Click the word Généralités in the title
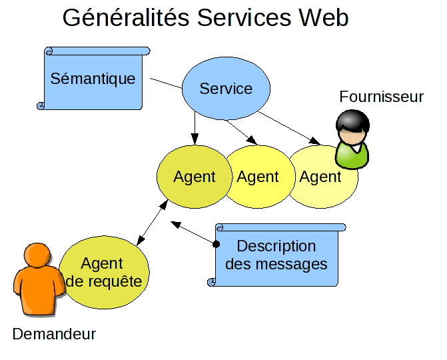click(x=127, y=17)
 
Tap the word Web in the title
click(x=323, y=17)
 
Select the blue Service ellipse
click(x=226, y=89)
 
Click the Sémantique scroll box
click(x=93, y=79)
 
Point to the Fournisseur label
click(x=381, y=97)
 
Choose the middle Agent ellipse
click(x=257, y=177)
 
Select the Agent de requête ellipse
click(x=105, y=272)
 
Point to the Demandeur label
click(x=54, y=334)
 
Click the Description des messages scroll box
click(x=276, y=255)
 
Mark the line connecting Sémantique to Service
click(x=165, y=83)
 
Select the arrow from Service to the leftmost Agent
click(x=195, y=127)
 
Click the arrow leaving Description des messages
click(x=193, y=233)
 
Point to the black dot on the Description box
click(x=215, y=245)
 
